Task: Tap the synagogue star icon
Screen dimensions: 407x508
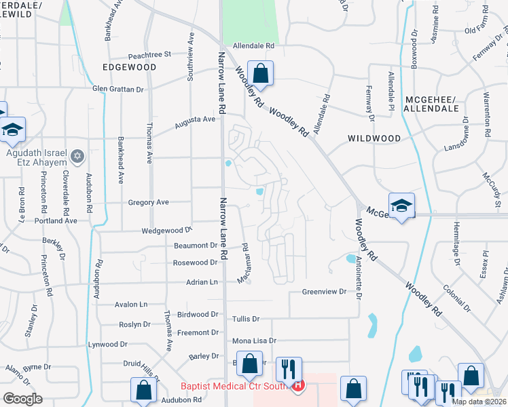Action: [77, 157]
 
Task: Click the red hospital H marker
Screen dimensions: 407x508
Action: [297, 387]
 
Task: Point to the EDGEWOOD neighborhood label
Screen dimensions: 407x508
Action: [129, 68]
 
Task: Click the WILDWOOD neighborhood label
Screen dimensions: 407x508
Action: [374, 138]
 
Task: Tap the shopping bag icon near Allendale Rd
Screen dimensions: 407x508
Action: [260, 74]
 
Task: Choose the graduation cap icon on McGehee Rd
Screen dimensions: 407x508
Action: [401, 206]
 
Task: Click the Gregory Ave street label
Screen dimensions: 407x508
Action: [148, 202]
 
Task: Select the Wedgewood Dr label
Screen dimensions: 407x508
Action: [167, 231]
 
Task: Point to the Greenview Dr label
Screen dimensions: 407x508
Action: [324, 292]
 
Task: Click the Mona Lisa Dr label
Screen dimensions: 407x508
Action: [255, 341]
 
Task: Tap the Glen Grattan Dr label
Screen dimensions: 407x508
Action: [118, 89]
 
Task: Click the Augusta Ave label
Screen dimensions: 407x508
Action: [194, 122]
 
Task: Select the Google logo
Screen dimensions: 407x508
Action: [22, 399]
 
